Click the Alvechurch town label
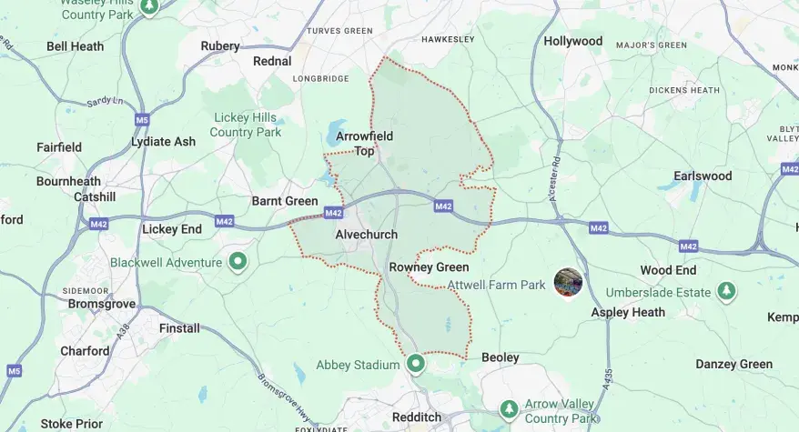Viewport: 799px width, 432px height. coord(366,235)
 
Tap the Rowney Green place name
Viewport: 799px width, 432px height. coord(429,267)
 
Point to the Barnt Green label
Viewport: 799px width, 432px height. coord(285,201)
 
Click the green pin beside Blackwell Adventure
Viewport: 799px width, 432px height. coord(238,263)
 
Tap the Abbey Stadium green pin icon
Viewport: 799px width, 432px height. coord(416,364)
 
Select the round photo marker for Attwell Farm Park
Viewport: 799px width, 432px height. coord(569,283)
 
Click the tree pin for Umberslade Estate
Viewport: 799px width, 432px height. coord(726,291)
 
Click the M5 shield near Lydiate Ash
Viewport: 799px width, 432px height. coord(140,119)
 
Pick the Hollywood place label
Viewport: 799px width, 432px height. coord(573,41)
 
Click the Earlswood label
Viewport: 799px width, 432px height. coord(702,176)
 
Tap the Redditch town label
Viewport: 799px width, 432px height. coord(416,417)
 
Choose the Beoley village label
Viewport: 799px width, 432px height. coord(500,357)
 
